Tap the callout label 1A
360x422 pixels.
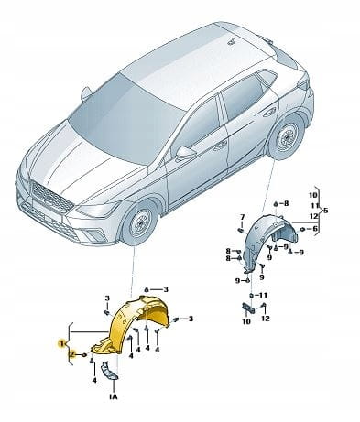click(x=112, y=397)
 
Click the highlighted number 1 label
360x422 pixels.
click(x=62, y=344)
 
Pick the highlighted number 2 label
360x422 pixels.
click(x=72, y=354)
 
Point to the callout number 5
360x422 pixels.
click(x=326, y=211)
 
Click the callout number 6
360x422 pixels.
click(x=315, y=229)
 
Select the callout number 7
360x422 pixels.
click(x=242, y=217)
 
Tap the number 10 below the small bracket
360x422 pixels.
click(x=246, y=321)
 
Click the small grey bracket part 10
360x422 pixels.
click(x=248, y=308)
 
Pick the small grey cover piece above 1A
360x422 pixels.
click(x=109, y=371)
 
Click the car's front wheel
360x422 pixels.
click(x=139, y=222)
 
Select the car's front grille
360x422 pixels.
click(x=51, y=196)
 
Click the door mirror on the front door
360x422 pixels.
click(x=185, y=152)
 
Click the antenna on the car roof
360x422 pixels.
click(x=232, y=41)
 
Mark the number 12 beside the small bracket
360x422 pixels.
click(x=266, y=319)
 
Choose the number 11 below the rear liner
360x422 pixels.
click(x=263, y=295)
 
